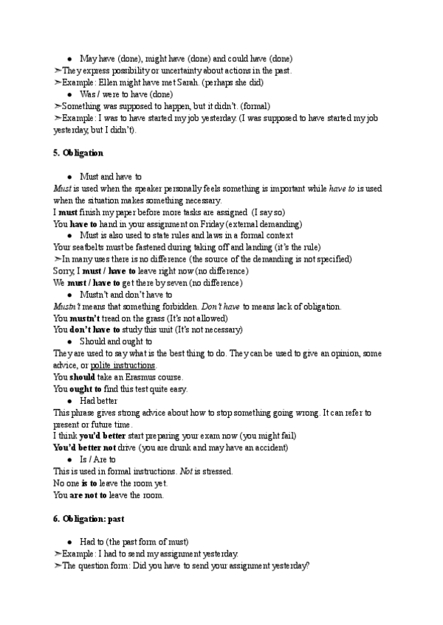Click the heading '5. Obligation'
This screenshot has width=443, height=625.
[78, 153]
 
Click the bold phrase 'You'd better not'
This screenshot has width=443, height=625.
[84, 448]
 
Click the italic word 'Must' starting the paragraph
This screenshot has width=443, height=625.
[63, 188]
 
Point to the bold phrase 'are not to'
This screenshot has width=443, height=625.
[91, 495]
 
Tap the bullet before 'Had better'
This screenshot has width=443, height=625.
[69, 401]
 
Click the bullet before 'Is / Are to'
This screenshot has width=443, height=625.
[69, 460]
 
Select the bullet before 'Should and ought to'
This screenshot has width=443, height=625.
[69, 341]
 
